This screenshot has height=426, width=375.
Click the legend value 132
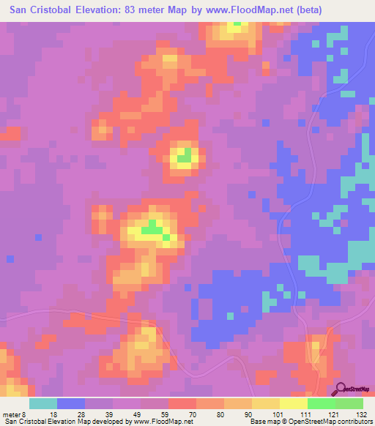362,414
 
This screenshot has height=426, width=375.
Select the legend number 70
191,414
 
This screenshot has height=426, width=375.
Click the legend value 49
137,414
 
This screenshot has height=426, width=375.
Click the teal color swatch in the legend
43,403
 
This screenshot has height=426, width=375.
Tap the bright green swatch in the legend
321,403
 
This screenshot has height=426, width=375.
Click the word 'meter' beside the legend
10,414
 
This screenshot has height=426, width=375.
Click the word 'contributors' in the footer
356,422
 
